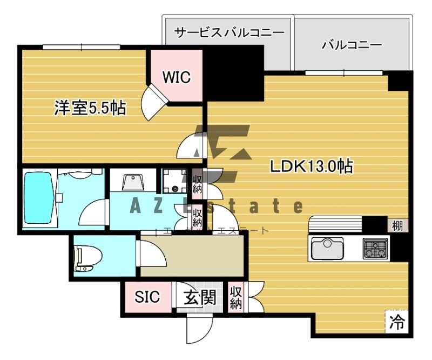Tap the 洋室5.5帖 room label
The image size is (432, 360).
pos(90,108)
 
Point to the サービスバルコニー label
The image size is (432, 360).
pos(229,32)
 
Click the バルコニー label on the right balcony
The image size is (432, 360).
pos(352,44)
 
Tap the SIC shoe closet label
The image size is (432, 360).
pos(147,297)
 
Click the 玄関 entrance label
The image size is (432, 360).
pos(199,297)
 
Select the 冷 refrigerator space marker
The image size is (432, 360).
pos(397,322)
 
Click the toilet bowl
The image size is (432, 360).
pos(86,258)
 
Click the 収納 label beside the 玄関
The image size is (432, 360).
pos(236,297)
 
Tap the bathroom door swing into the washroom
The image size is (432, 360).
pos(93,214)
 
